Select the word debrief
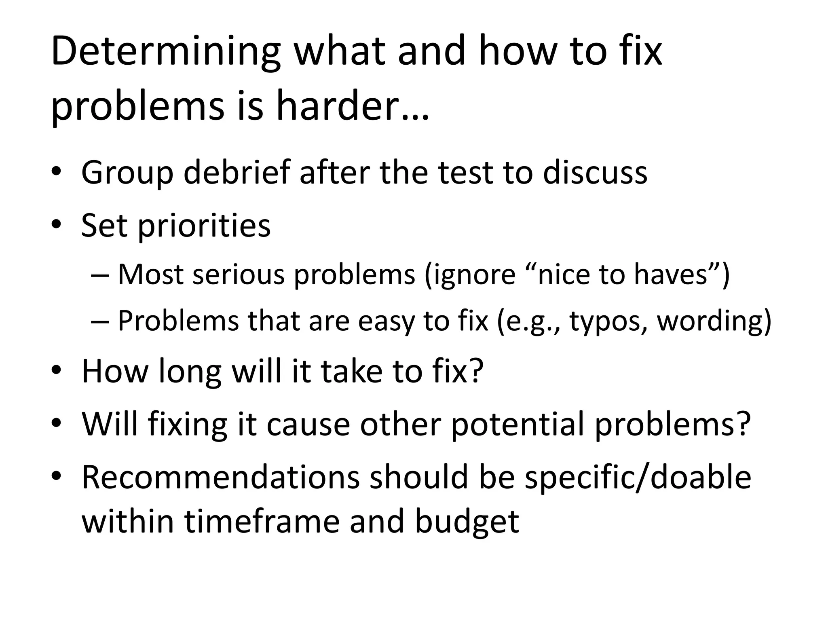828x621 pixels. pos(237,173)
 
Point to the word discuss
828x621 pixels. pos(595,173)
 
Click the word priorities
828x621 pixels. pos(204,226)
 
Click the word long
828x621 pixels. pos(190,372)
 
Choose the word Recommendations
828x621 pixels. pos(220,477)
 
